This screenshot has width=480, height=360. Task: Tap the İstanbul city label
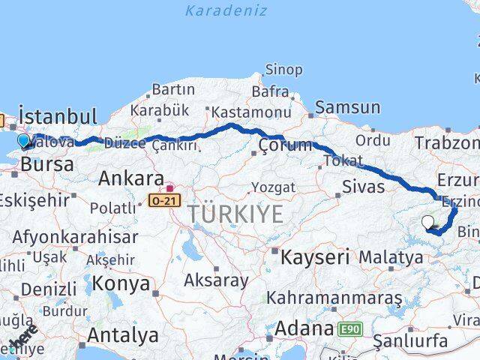tap(58, 117)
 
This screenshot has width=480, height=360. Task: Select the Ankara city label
tap(131, 179)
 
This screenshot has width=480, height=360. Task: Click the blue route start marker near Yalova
tap(24, 141)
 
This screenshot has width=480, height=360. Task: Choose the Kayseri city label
tap(315, 258)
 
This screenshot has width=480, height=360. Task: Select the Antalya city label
tap(123, 334)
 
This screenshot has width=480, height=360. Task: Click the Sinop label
tap(284, 70)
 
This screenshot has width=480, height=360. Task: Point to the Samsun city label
tap(347, 107)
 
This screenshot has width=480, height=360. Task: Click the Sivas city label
tap(363, 186)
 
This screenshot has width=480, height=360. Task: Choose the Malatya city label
tap(391, 258)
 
